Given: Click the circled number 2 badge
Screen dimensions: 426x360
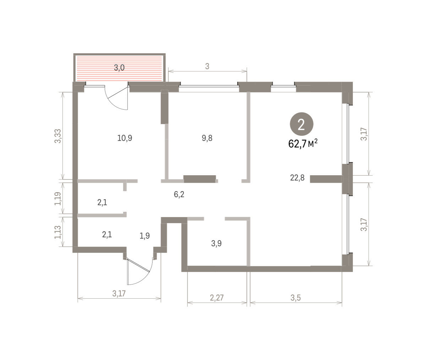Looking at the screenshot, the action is [x=301, y=124].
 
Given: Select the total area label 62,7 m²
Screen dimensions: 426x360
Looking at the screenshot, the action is [x=303, y=144].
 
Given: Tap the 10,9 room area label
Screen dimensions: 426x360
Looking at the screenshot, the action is [x=125, y=138].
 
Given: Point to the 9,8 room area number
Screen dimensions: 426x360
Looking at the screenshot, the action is [x=207, y=138].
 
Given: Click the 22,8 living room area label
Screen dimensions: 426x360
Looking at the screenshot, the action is [x=297, y=178].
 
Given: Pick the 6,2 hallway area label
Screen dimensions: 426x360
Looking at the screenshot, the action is [x=179, y=194].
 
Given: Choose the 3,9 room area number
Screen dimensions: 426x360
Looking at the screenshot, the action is [x=216, y=243].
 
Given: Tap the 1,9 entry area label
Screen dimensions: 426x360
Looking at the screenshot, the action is [x=145, y=236].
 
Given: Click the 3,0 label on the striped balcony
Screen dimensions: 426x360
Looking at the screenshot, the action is [x=119, y=67].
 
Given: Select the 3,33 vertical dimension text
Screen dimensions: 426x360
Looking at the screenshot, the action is [x=58, y=136].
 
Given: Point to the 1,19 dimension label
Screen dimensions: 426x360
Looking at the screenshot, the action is [x=58, y=199].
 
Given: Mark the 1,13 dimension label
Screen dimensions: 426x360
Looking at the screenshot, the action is [x=58, y=232].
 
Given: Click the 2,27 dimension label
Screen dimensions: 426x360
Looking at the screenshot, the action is [x=217, y=298].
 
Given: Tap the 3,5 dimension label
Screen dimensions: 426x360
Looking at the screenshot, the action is [x=296, y=298].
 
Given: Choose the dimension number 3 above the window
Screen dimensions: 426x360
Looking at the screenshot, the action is [x=207, y=66].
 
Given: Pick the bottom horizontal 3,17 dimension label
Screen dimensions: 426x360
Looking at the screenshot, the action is [x=119, y=293].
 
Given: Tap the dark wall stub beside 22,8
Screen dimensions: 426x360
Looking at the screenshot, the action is [x=326, y=179].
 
